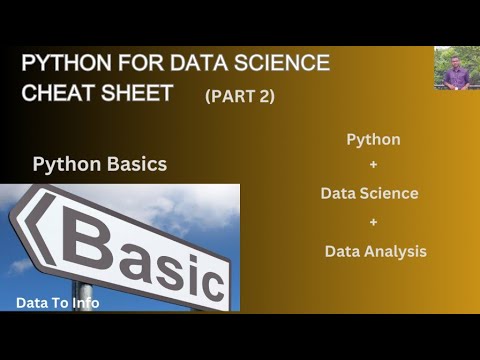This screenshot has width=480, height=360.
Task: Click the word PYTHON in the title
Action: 66,63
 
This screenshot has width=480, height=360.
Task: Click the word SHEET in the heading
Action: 137,92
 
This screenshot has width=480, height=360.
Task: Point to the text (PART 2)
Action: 240,96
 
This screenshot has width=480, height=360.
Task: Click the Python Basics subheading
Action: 100,164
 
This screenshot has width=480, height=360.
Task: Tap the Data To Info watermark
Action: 58,303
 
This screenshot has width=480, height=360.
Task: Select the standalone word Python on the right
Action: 373,140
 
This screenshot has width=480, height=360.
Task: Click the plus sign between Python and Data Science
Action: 373,164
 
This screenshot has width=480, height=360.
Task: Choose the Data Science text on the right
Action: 369,193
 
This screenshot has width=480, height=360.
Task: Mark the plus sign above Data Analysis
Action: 373,222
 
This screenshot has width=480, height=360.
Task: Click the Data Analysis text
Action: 376,251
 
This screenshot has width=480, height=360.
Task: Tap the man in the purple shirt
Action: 456,73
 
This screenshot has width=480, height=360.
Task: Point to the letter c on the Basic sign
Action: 209,282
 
